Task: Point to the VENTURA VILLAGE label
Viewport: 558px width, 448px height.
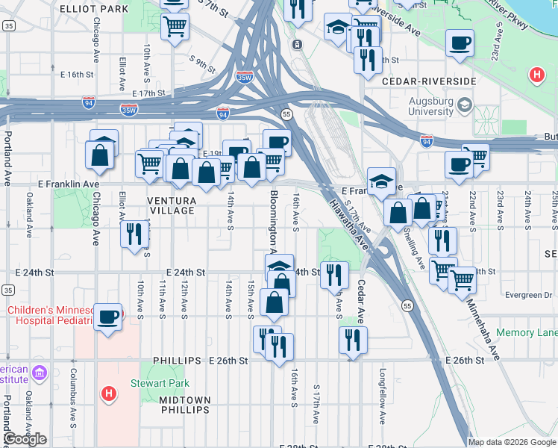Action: (172, 206)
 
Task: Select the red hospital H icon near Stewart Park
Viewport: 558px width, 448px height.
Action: (109, 393)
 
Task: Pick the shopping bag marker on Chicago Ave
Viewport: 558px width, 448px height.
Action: (99, 155)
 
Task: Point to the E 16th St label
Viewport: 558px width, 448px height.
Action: (75, 75)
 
